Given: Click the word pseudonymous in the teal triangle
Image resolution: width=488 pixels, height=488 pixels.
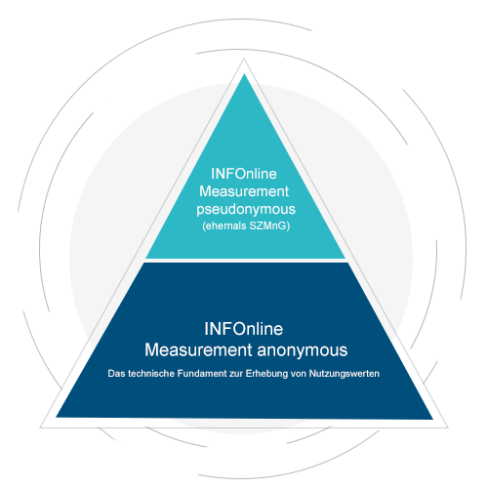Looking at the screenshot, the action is click(x=246, y=209).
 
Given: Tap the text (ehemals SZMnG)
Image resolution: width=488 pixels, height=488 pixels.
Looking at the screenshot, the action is click(x=246, y=225).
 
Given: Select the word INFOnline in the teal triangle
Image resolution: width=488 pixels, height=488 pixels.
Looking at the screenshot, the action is click(x=244, y=174).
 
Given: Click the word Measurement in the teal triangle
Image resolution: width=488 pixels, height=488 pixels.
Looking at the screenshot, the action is click(x=244, y=191).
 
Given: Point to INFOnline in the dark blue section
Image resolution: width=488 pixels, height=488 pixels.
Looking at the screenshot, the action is click(x=244, y=329).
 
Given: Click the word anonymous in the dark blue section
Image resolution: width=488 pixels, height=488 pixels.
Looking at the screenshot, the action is click(x=303, y=350).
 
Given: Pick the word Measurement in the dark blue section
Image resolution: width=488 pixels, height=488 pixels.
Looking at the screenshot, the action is click(x=198, y=350).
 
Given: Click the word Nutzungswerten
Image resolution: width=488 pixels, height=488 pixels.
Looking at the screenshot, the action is click(x=345, y=374).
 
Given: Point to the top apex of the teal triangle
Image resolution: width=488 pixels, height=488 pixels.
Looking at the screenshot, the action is click(x=244, y=74).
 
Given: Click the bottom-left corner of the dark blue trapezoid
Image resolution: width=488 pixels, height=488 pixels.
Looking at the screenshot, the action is click(x=57, y=417).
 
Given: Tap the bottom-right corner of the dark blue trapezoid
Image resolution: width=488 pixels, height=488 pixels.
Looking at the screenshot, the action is click(x=432, y=419).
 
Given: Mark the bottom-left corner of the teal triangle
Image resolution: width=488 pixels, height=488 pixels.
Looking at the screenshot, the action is click(x=145, y=259).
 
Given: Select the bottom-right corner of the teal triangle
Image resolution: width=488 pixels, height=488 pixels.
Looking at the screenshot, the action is click(x=346, y=259).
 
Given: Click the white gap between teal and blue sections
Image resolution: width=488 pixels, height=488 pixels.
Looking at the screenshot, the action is click(x=246, y=261).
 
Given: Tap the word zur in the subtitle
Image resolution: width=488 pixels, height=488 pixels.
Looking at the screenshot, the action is click(x=236, y=374).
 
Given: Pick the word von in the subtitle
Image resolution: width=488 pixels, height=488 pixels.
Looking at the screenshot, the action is click(x=299, y=374).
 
